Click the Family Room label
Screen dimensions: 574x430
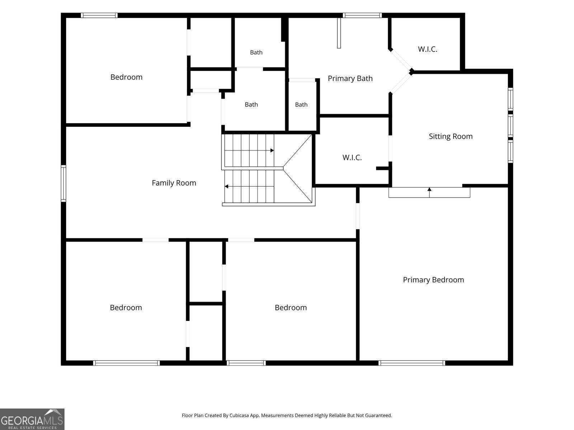[x=174, y=183]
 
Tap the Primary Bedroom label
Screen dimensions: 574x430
[x=433, y=280]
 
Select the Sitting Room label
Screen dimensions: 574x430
[x=451, y=136]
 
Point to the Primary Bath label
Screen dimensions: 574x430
[x=350, y=78]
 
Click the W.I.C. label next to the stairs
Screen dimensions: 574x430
[x=352, y=157]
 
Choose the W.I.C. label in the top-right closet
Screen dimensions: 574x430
[x=428, y=49]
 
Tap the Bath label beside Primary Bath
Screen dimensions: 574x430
[x=301, y=104]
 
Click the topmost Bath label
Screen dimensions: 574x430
[x=256, y=52]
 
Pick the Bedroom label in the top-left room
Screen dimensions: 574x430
[x=126, y=77]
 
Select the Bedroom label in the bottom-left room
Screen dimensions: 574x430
[x=126, y=307]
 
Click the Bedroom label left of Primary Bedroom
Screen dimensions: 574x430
[x=291, y=307]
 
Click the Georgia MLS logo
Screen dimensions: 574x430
[x=32, y=419]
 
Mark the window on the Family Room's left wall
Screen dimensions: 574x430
[x=63, y=183]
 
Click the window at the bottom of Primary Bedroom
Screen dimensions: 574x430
[x=411, y=363]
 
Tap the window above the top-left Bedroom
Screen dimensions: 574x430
[x=99, y=15]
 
